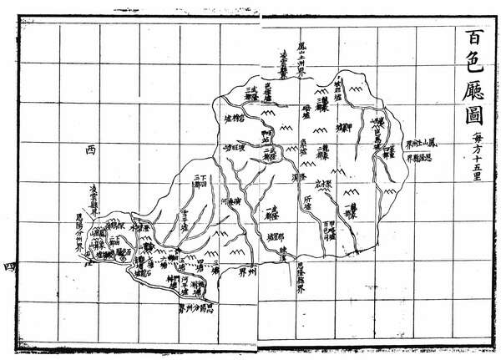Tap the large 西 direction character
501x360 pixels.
pyautogui.click(x=91, y=150)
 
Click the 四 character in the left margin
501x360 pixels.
pyautogui.click(x=8, y=266)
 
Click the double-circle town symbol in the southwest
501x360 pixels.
pyautogui.click(x=121, y=259)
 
